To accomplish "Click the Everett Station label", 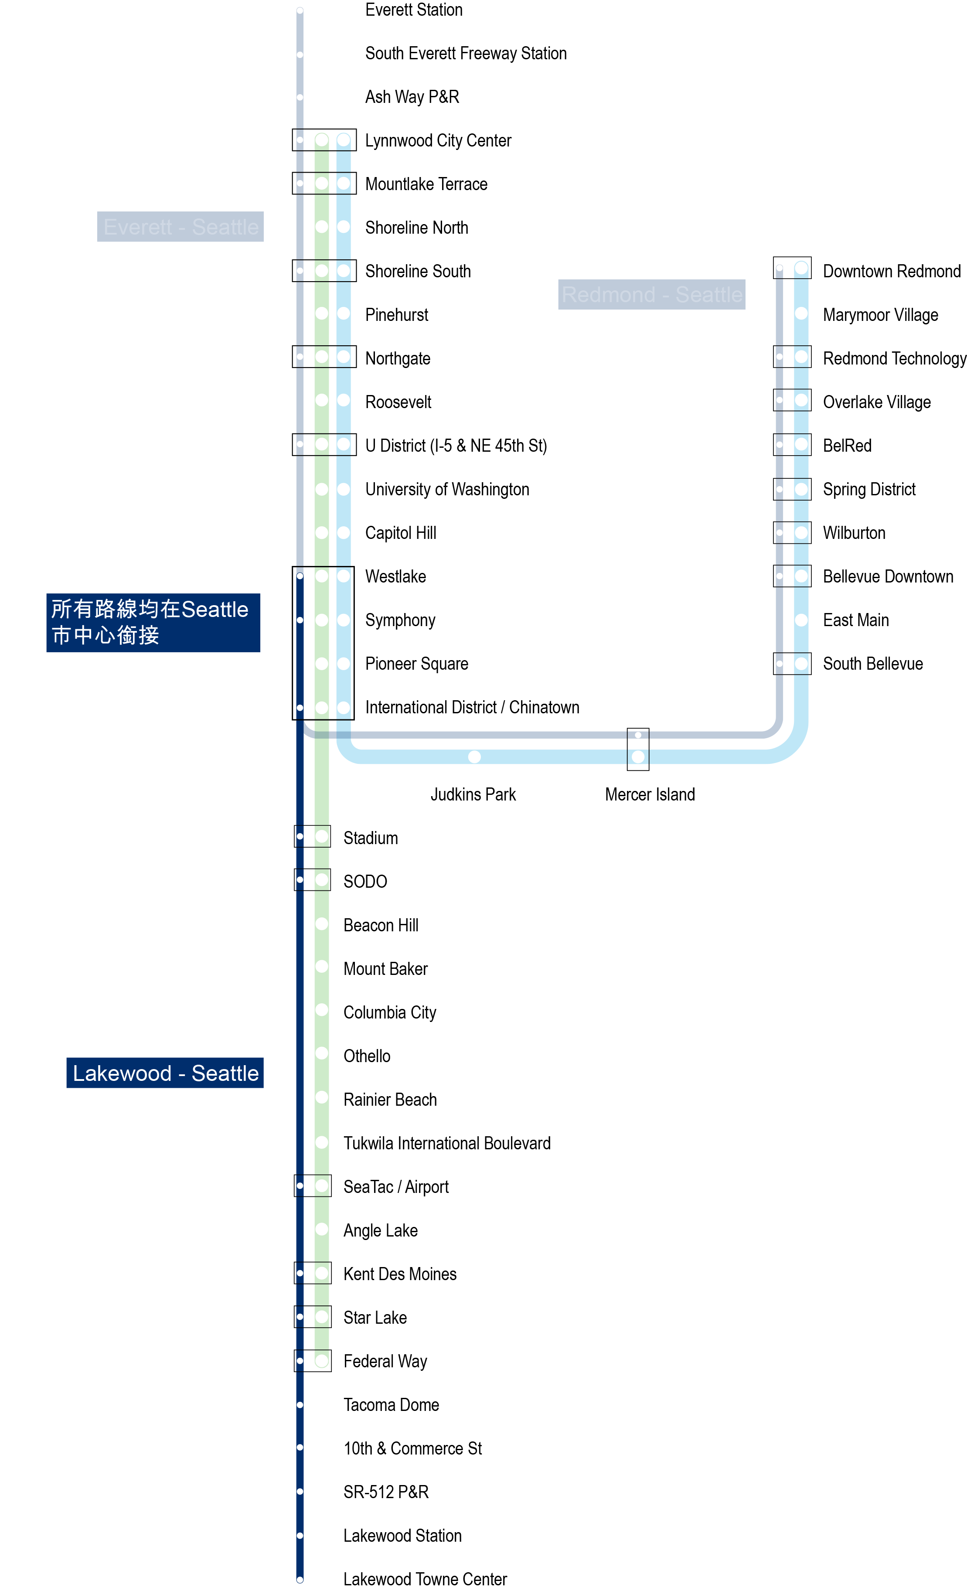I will click(x=413, y=10).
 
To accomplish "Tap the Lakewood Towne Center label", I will click(x=425, y=1579).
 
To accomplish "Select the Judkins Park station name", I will click(x=473, y=794).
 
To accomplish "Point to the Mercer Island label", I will click(x=650, y=794).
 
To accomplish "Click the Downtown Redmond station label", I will click(x=891, y=271).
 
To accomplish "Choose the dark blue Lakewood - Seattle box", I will click(x=165, y=1073).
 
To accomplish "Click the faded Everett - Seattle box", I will click(x=180, y=227).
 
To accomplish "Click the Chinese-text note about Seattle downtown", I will click(x=153, y=623).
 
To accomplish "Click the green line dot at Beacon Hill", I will click(x=321, y=924).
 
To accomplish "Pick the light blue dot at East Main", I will click(x=801, y=620).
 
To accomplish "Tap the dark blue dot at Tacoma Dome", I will click(x=300, y=1404).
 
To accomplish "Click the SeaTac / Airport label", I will click(x=396, y=1187).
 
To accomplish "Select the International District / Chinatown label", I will click(x=472, y=707).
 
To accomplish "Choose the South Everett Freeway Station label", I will click(x=466, y=54).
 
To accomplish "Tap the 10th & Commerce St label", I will click(x=412, y=1448).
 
